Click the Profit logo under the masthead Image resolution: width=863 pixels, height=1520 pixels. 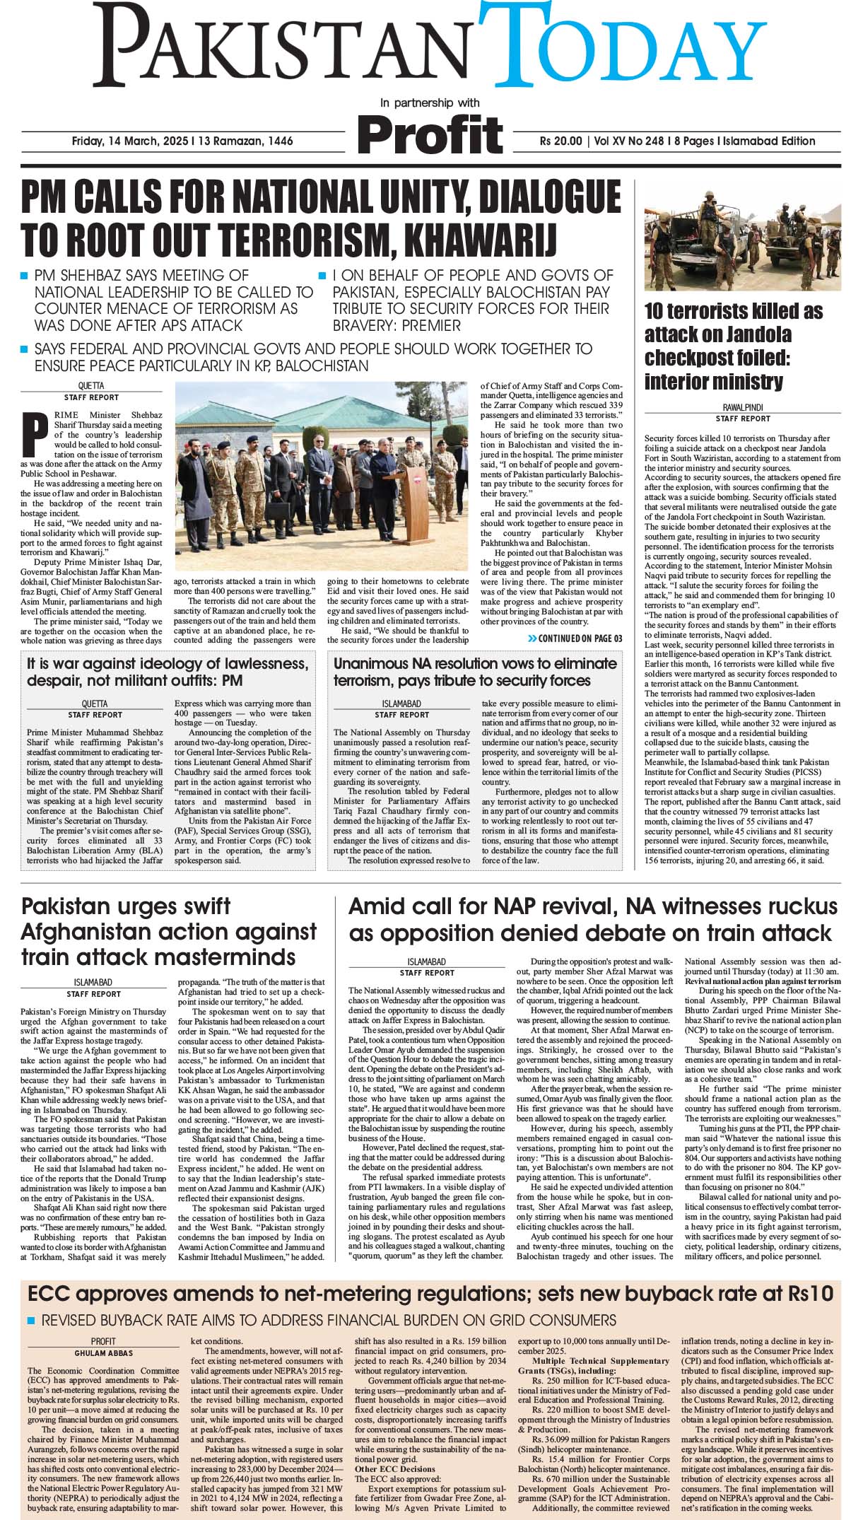click(430, 133)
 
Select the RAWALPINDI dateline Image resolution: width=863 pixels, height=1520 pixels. click(742, 408)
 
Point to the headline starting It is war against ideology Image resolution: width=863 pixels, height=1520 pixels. click(167, 672)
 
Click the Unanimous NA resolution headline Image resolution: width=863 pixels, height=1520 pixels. click(475, 672)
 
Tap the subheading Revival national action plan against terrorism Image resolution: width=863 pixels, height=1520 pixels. click(762, 981)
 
